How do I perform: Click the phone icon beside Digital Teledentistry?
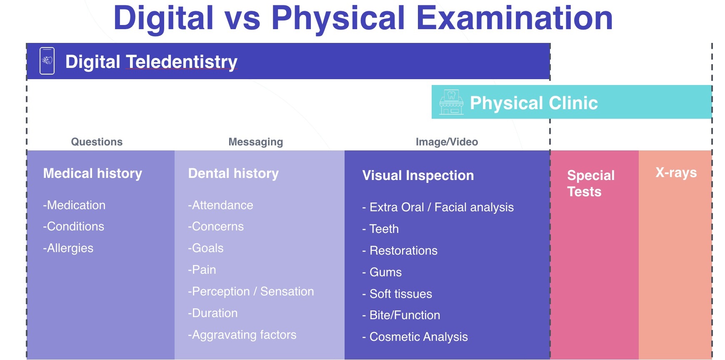(x=47, y=61)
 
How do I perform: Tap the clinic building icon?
(x=451, y=102)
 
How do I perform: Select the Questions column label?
(x=97, y=142)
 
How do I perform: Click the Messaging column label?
(x=256, y=142)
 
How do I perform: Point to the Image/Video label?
(x=447, y=142)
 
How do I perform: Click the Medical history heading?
(x=92, y=173)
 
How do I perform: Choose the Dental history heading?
(x=233, y=173)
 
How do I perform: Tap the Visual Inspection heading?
(x=418, y=175)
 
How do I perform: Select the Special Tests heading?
(x=591, y=183)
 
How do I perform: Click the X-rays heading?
(x=676, y=172)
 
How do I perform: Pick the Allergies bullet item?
(x=68, y=248)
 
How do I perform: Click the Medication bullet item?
(x=74, y=205)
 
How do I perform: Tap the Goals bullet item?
(x=205, y=248)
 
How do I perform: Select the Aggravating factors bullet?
(x=242, y=335)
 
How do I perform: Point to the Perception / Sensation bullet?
(x=251, y=291)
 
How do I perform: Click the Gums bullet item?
(x=382, y=272)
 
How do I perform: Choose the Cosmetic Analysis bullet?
(x=415, y=337)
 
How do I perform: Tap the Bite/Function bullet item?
(x=401, y=315)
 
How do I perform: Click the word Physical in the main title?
(x=338, y=18)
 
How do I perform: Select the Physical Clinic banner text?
(x=534, y=103)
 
